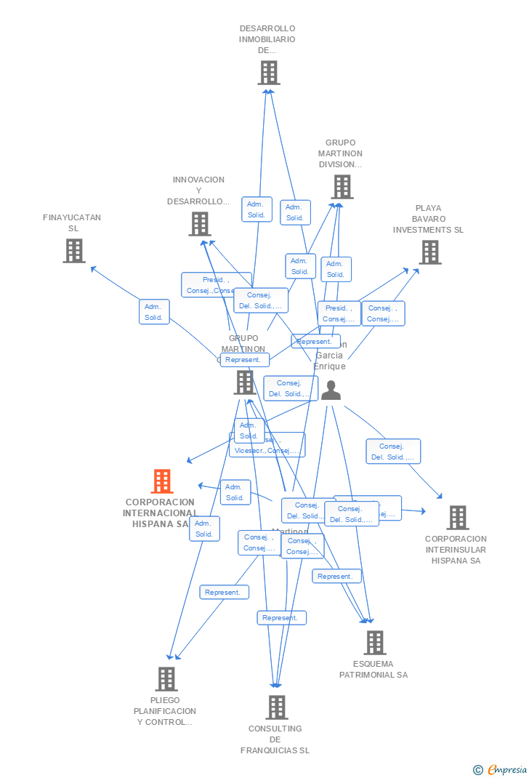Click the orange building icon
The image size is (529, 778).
(162, 481)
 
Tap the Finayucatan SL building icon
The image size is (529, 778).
(74, 251)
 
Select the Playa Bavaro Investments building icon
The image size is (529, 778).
(430, 252)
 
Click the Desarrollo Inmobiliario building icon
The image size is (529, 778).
(269, 73)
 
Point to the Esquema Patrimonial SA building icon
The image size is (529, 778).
(374, 643)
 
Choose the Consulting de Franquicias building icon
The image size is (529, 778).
(277, 707)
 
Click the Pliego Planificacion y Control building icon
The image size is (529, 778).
(166, 679)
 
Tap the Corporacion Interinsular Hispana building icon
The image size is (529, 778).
(457, 518)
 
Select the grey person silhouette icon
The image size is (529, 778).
(331, 390)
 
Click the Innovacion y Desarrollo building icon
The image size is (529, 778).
(200, 224)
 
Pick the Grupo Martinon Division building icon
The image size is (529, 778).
(342, 187)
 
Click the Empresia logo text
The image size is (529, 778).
(506, 769)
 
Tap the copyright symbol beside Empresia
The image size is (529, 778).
(477, 769)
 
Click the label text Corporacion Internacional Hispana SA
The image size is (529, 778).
(160, 513)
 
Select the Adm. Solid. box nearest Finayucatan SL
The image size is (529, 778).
(154, 312)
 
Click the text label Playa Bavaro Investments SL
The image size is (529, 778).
(428, 219)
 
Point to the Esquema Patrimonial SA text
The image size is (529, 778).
(373, 669)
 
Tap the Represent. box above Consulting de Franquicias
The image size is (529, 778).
(281, 618)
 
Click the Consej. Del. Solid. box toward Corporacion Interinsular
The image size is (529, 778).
(393, 452)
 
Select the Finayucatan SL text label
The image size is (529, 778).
(72, 222)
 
